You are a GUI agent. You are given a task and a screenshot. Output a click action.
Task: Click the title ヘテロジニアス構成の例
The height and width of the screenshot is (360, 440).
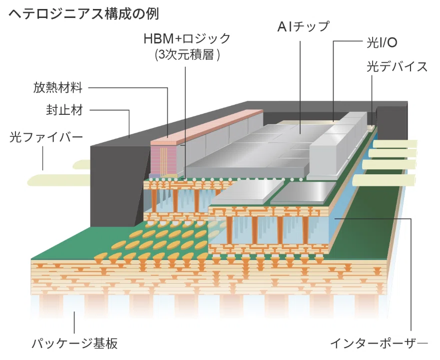84,14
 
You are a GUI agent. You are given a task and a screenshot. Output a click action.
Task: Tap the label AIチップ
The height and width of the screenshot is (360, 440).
304,27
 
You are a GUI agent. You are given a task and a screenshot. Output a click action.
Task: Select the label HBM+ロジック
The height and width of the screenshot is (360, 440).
187,39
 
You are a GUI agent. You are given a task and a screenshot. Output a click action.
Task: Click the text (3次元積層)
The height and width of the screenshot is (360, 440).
187,54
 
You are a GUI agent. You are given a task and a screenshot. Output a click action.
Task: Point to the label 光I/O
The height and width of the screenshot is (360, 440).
382,43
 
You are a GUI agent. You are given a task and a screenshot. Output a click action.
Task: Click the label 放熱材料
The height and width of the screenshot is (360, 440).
58,87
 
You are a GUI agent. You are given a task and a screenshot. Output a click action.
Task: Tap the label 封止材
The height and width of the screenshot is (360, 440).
64,110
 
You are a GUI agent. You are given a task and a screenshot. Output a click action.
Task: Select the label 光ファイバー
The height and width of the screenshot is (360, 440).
46,137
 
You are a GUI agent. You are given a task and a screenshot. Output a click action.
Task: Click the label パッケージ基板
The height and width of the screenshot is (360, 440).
74,344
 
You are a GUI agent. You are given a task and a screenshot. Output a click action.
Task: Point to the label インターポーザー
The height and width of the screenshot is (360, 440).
379,343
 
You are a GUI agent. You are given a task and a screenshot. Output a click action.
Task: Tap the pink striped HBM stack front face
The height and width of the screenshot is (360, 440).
164,159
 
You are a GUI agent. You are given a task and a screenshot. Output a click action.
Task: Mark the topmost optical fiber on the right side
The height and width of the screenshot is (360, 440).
395,144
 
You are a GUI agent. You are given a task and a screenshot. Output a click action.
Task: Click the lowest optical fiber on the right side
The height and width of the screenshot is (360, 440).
384,180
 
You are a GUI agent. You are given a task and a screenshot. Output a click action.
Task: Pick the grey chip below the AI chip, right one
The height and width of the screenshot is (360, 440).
303,193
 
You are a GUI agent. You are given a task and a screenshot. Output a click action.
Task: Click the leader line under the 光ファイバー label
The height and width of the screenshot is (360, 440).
43,159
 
